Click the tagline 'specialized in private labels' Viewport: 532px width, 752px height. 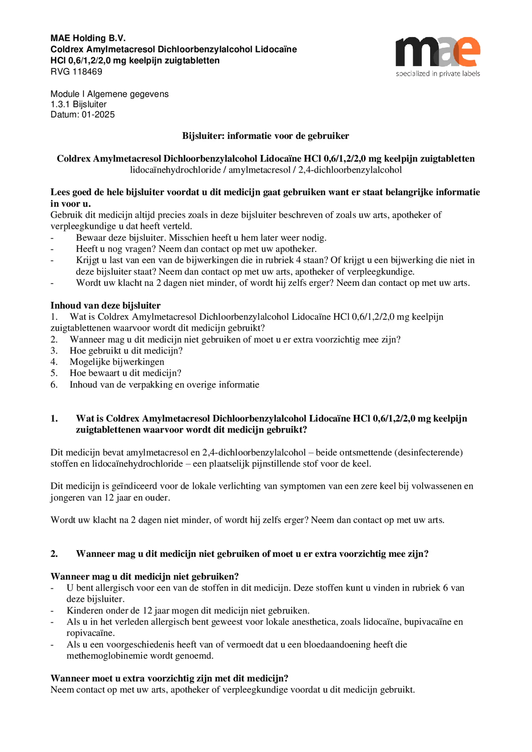[438, 74]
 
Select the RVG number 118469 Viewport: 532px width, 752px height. [87, 72]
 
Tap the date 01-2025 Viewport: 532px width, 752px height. [98, 115]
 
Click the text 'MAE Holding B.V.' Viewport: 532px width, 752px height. [88, 38]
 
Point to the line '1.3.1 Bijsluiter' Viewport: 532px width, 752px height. [78, 104]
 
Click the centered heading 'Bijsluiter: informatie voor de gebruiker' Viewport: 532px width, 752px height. [266, 136]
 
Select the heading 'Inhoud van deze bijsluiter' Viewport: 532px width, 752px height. [105, 305]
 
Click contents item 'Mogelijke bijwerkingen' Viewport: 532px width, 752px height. [117, 362]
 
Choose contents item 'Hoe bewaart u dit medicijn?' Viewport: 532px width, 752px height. [125, 373]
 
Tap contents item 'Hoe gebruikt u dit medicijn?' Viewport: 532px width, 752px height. [126, 351]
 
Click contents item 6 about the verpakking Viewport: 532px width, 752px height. [164, 385]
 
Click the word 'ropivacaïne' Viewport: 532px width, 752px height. [90, 633]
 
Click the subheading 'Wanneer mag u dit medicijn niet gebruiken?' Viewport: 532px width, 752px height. [144, 576]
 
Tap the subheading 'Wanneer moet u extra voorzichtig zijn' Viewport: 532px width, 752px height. [169, 678]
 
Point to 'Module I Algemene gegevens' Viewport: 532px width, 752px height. [109, 94]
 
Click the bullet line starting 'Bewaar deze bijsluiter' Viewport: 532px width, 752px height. [201, 237]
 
